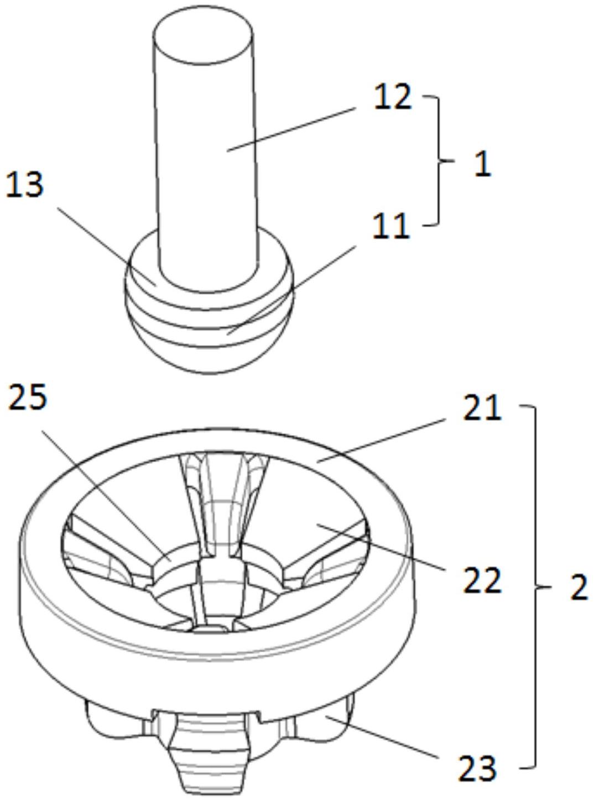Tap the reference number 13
[25, 184]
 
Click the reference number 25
[28, 397]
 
